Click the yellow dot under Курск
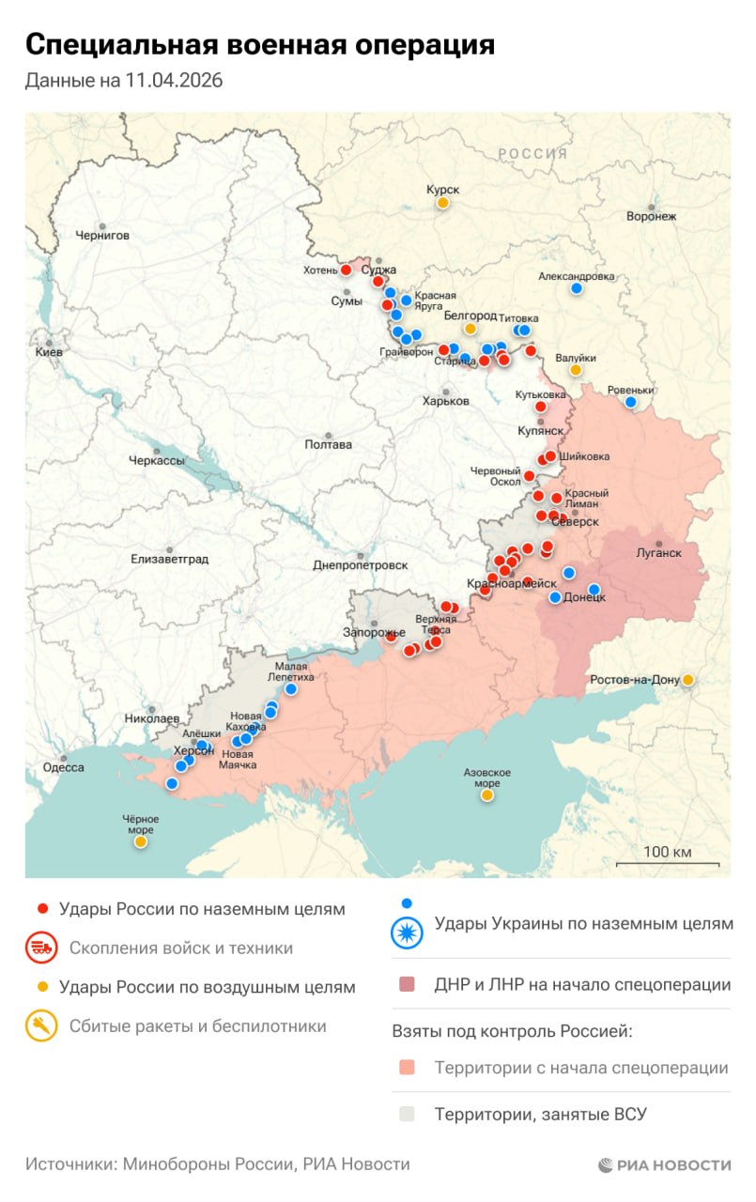click(442, 203)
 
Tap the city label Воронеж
click(652, 216)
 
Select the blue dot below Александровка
click(577, 288)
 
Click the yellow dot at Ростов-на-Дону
click(688, 680)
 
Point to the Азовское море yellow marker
click(487, 795)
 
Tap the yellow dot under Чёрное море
click(140, 842)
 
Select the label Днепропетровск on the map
click(361, 565)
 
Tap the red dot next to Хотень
click(346, 270)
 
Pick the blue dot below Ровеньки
click(631, 402)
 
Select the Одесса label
click(64, 767)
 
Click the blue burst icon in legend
click(407, 929)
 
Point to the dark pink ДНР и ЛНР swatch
click(407, 985)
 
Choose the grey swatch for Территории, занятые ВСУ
click(407, 1115)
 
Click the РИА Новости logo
click(664, 1164)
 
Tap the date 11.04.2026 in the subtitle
click(174, 82)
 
